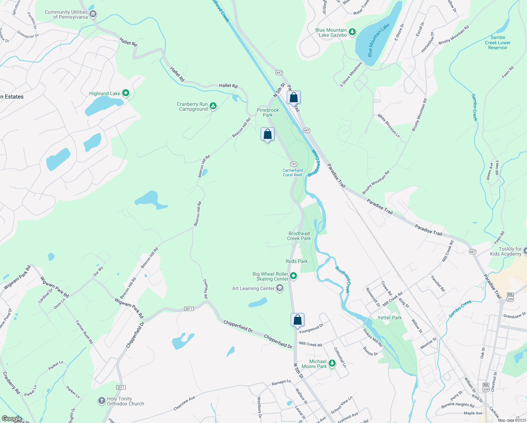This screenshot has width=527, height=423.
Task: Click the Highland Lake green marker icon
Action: click(126, 93)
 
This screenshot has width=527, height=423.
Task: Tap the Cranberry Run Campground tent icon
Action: click(213, 106)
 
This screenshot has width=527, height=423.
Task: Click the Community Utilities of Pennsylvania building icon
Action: click(93, 14)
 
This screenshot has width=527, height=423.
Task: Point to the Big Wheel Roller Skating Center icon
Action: click(293, 276)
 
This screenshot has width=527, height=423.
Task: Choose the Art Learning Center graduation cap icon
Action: click(280, 288)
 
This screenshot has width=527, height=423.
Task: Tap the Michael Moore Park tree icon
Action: click(332, 363)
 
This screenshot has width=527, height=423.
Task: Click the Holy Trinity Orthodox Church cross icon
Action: click(101, 401)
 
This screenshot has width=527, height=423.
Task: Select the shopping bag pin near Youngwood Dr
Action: click(297, 320)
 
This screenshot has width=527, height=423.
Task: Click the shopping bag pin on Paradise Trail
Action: click(293, 98)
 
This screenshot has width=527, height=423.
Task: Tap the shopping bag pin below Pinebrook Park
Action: click(267, 134)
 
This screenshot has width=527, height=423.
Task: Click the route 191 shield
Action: click(293, 164)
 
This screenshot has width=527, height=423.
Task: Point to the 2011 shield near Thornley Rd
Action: click(189, 309)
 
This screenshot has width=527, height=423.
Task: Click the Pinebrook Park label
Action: click(268, 112)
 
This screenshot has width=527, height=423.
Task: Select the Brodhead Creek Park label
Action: click(299, 236)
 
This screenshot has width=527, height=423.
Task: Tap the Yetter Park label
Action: click(389, 318)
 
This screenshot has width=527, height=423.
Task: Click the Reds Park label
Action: click(297, 261)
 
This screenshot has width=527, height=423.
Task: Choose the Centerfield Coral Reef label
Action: click(292, 172)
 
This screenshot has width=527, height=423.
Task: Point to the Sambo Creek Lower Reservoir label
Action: click(497, 42)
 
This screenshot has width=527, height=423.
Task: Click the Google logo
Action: click(12, 418)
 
